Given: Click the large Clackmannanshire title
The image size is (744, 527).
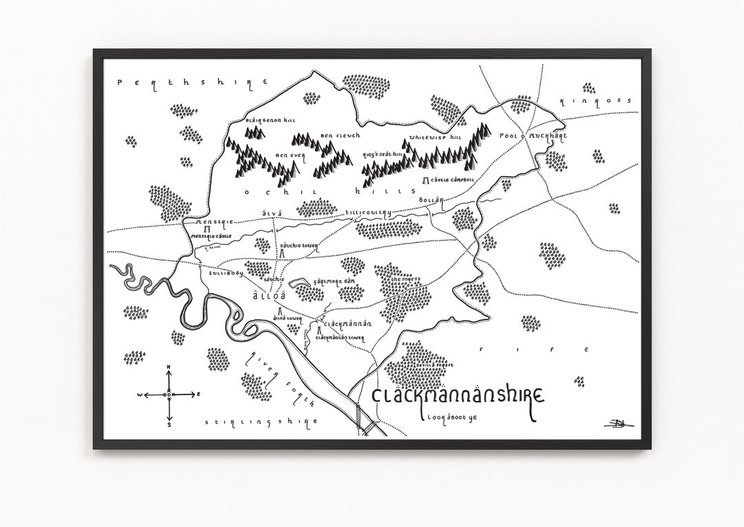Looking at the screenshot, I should coord(458,397).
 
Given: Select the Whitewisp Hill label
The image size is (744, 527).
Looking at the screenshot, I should coord(437,137).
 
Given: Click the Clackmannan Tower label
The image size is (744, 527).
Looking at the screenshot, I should coord(340,337).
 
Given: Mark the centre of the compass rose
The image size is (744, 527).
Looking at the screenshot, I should coord(169,395).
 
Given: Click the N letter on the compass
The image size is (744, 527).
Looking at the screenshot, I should coord(169,367).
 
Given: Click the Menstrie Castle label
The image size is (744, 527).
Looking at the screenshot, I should coord(211,236).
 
